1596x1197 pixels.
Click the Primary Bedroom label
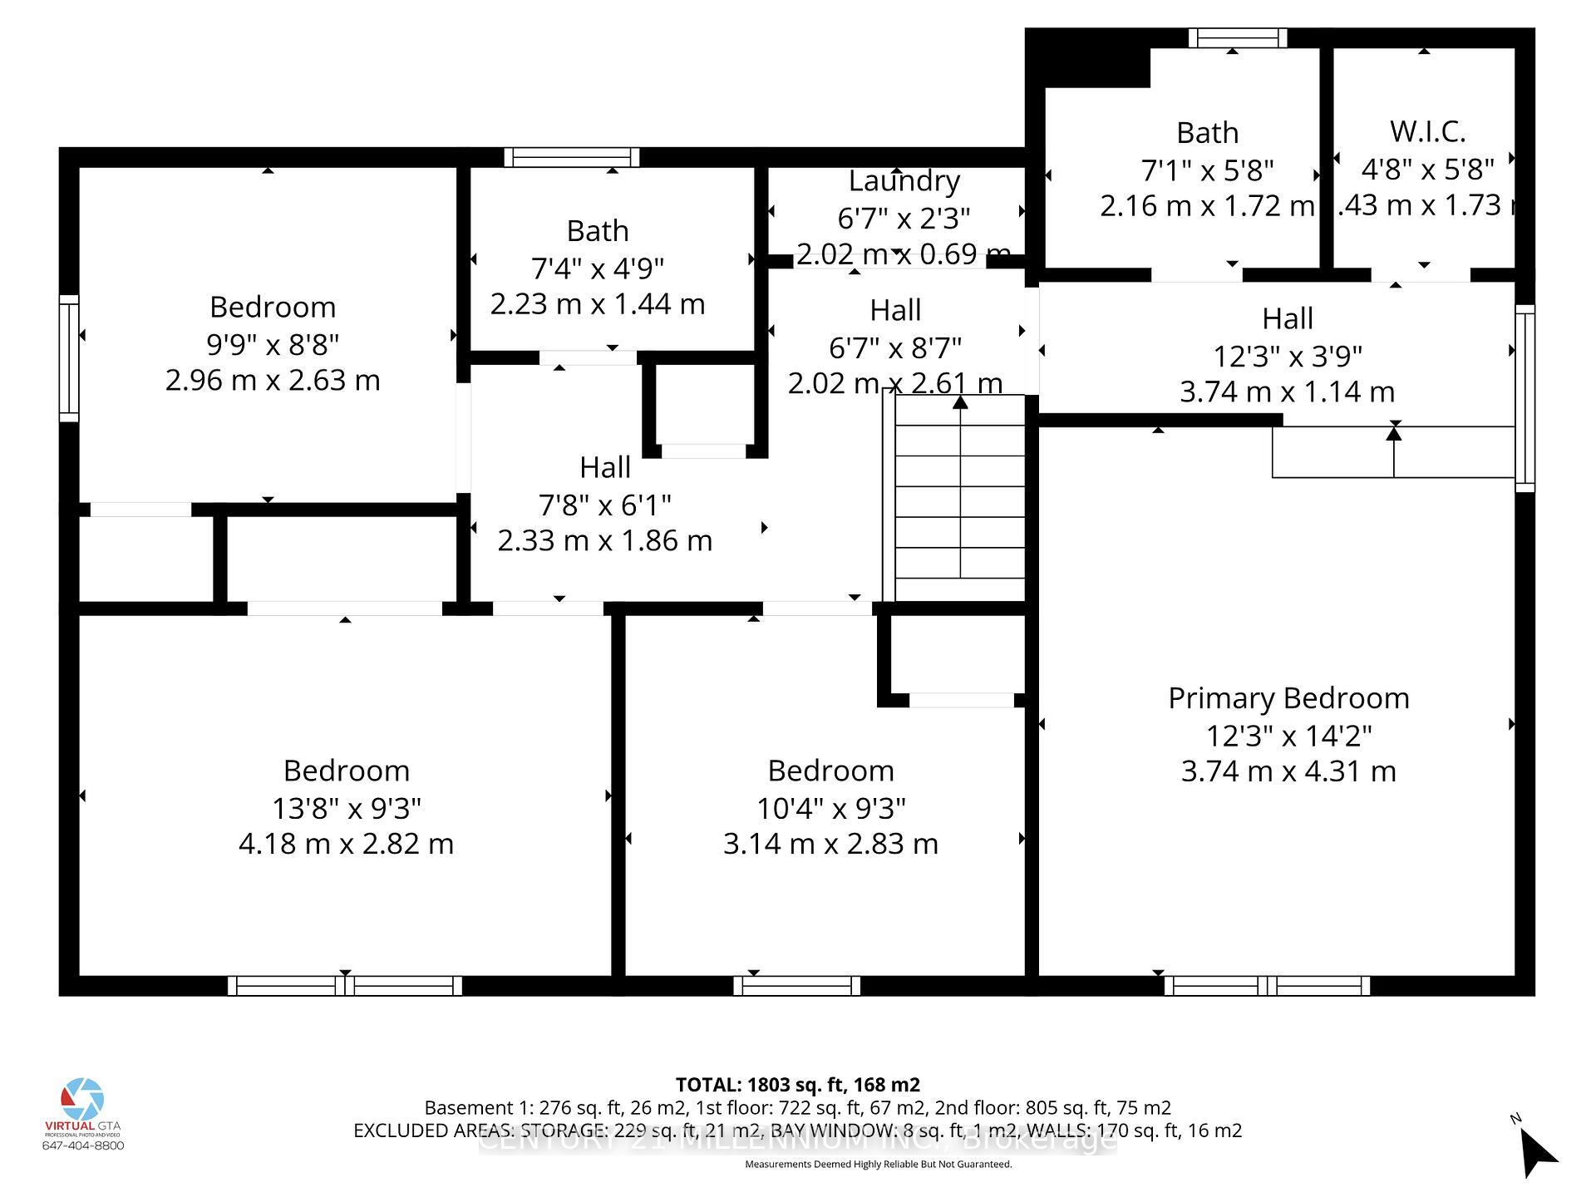pos(1288,698)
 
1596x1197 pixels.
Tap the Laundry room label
pos(904,180)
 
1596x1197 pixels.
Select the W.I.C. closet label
pos(1427,131)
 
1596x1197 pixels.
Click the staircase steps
pos(960,499)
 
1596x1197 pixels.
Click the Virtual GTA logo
pos(82,1101)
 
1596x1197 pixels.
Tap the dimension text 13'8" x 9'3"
pos(347,808)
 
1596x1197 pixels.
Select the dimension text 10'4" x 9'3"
pos(830,808)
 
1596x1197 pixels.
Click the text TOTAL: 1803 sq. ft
pos(797,1085)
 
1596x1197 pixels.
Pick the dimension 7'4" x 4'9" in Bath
pos(597,268)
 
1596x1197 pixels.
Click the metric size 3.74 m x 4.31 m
pos(1288,771)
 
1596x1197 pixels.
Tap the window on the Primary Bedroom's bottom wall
pos(1266,986)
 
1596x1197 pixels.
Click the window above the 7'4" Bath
pos(572,157)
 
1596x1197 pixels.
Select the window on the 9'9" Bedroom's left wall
pos(68,357)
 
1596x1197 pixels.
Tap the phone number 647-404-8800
pos(82,1145)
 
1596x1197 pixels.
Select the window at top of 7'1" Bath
pos(1237,38)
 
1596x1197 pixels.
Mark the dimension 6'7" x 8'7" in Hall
pos(895,347)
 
